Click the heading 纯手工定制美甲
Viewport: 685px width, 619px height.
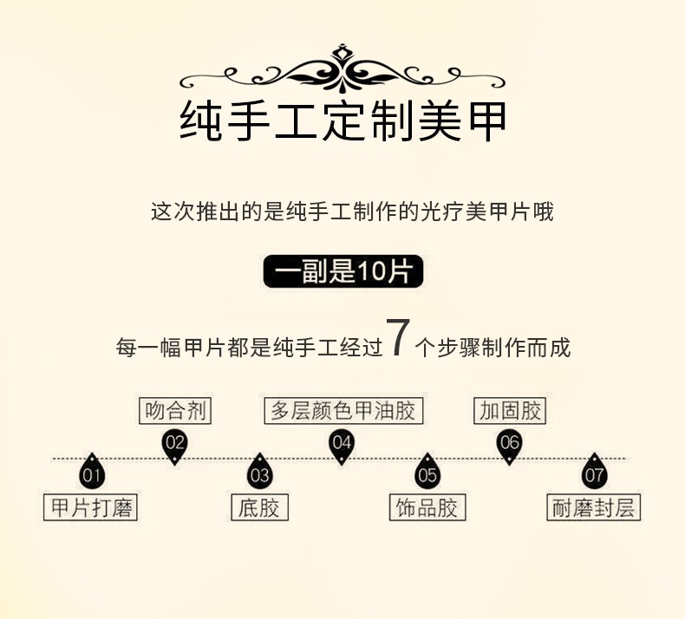coord(342,123)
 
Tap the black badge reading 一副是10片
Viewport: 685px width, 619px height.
coord(342,272)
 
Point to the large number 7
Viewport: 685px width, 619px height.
coord(396,338)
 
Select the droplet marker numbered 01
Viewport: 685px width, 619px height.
coord(92,472)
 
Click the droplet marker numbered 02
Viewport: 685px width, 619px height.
coord(175,445)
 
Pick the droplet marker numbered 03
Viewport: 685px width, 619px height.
coord(259,472)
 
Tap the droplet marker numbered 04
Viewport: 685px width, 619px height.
coord(342,445)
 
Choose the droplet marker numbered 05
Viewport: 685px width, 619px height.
coord(427,472)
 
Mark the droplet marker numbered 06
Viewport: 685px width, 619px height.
coord(509,445)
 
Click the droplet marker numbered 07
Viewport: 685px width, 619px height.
coord(594,472)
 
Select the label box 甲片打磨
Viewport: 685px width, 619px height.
coord(91,508)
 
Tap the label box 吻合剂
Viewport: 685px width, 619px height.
coord(175,411)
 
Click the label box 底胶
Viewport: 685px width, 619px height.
coord(259,508)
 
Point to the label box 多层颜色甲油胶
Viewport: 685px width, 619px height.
coord(342,411)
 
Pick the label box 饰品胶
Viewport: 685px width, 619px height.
coord(427,508)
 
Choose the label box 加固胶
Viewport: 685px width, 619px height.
coord(510,411)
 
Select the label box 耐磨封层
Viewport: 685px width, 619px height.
coord(595,508)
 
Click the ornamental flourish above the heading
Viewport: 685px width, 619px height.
coord(342,69)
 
